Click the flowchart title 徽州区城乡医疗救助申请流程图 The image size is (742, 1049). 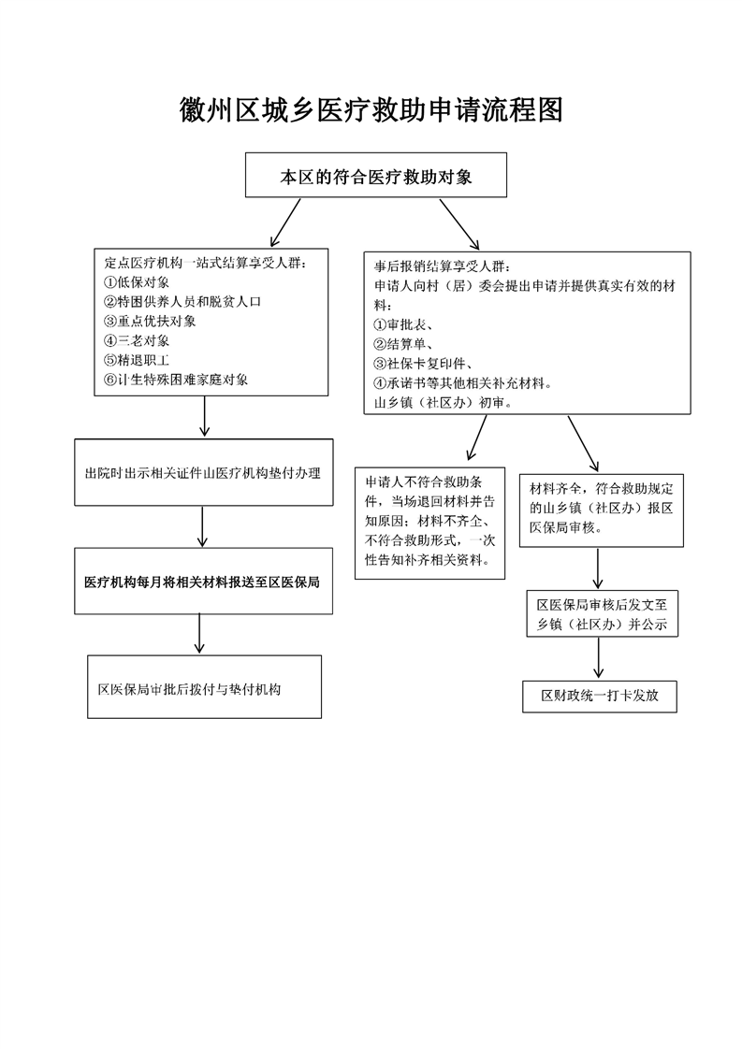tap(371, 110)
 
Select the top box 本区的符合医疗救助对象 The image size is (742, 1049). tap(376, 175)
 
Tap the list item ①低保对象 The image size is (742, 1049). tap(137, 282)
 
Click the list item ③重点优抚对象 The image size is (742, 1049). tap(150, 321)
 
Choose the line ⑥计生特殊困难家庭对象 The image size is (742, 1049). tap(176, 380)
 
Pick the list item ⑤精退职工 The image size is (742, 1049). tap(137, 360)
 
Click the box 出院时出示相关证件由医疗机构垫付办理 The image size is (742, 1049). tap(204, 472)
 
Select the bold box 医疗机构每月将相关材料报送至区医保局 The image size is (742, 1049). tap(204, 581)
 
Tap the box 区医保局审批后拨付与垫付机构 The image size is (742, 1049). tap(204, 686)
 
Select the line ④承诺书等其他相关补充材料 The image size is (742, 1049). tap(463, 383)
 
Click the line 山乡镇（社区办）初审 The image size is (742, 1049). tap(443, 403)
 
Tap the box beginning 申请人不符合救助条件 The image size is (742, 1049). tap(429, 523)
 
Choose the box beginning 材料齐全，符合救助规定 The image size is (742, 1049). tap(602, 510)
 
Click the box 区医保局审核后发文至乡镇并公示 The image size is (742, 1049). tap(602, 613)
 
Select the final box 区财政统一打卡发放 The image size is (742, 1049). tap(600, 696)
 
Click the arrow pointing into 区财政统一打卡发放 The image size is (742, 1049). tap(599, 658)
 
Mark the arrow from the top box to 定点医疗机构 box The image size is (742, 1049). tap(285, 223)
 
